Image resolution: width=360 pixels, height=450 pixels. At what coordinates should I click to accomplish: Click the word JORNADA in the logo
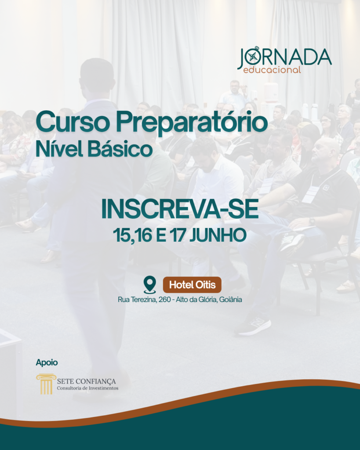click(284, 58)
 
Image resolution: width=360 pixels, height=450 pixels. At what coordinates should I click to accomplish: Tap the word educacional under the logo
click(272, 70)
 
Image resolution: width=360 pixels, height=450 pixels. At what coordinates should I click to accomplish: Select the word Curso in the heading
click(73, 123)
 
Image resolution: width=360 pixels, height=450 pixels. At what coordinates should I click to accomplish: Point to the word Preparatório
click(192, 123)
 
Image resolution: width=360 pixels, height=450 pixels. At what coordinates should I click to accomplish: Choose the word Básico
click(120, 149)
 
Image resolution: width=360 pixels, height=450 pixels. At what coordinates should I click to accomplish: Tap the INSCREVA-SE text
click(180, 209)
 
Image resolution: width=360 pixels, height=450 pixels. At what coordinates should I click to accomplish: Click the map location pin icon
click(150, 285)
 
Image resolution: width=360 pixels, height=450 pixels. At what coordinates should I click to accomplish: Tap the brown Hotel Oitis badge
click(192, 285)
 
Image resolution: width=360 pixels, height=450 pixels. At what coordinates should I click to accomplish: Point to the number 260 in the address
click(164, 300)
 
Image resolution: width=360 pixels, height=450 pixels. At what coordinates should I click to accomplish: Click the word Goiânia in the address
click(230, 300)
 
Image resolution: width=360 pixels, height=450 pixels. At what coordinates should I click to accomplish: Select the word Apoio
click(47, 363)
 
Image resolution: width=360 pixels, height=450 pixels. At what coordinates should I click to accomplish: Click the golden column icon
click(46, 384)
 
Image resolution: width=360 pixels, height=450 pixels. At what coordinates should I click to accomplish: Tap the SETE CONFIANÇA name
click(87, 381)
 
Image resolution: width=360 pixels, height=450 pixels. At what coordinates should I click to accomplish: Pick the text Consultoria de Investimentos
click(87, 388)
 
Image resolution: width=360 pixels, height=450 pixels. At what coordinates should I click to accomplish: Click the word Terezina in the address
click(144, 300)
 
